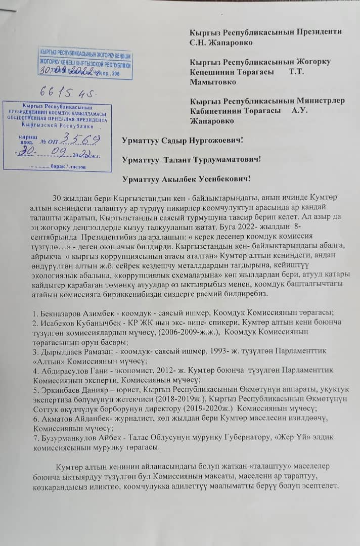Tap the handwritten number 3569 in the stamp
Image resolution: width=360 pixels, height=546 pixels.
pos(83,138)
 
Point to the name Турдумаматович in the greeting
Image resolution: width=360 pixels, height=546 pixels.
pos(230,159)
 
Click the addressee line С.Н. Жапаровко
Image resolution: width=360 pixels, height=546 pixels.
pos(221,42)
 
